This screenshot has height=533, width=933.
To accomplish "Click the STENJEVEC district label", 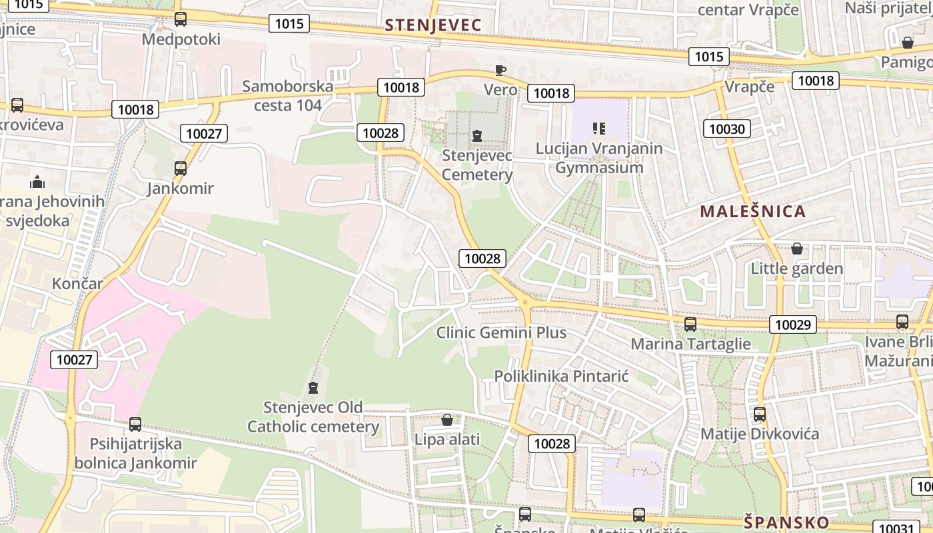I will point(433,25).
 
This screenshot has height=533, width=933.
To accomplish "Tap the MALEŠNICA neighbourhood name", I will point(752,212).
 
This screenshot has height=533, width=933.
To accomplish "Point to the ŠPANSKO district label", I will point(786,522).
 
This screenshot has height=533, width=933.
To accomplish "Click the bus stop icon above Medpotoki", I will point(181,19).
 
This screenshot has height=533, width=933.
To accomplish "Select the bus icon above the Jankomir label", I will point(181,168).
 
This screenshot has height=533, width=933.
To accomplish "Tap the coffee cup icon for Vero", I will point(500,70).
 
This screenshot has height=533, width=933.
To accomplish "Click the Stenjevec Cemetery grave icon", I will point(477,137).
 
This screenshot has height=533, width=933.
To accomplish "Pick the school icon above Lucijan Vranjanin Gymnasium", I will point(599,128).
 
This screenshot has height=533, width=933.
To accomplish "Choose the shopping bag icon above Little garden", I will point(796,249).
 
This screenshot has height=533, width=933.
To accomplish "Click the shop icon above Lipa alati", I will point(447,420).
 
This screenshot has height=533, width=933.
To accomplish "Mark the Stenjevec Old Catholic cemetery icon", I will point(313,388).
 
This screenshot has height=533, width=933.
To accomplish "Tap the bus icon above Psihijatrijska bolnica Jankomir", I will point(135,424).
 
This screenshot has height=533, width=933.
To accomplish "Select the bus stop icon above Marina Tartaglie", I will point(690,324).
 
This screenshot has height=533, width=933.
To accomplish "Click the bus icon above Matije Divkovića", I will point(760,414).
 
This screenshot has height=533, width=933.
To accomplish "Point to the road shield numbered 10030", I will point(726,129).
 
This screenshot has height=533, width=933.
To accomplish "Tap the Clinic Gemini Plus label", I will point(501,332).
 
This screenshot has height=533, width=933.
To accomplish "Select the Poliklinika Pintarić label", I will point(561,376).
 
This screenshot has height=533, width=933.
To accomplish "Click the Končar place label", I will point(78,284).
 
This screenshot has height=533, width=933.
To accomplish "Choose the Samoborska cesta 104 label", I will point(288,95).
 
